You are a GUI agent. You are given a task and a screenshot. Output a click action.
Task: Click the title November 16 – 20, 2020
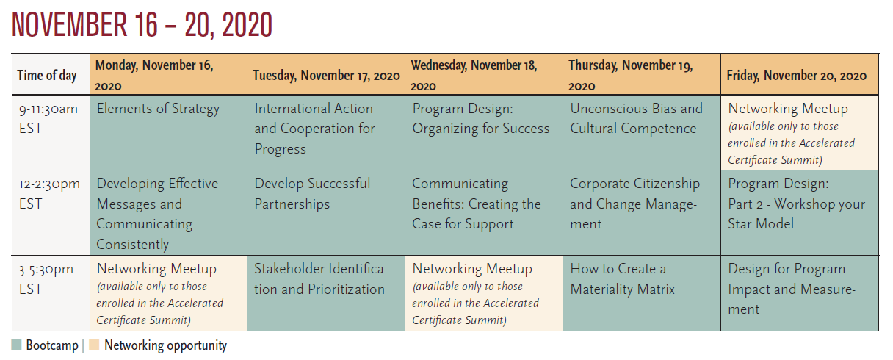[x=142, y=25]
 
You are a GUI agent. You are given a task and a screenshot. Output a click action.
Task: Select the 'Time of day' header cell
[x=51, y=74]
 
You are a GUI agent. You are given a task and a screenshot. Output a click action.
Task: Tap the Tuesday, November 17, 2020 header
[x=326, y=74]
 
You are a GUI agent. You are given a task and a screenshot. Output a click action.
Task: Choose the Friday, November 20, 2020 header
[x=800, y=74]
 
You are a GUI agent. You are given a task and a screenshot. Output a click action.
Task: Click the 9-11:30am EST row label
[x=51, y=133]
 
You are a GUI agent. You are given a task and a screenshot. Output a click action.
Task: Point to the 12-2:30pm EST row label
[x=51, y=213]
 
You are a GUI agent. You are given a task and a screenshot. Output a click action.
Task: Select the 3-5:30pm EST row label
[x=51, y=293]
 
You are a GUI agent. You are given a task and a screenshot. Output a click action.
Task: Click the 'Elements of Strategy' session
[x=169, y=133]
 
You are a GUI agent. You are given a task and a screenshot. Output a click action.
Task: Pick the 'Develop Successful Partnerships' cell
[x=326, y=213]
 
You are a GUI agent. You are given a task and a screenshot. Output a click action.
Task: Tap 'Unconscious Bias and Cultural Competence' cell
[x=642, y=133]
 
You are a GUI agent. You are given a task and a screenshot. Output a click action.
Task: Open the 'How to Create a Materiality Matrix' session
[x=642, y=293]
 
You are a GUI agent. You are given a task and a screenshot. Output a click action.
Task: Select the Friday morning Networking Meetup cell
[x=800, y=133]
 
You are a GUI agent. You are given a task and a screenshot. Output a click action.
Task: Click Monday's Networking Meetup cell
[x=169, y=293]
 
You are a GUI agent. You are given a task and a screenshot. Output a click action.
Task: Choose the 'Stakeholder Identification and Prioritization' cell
[x=326, y=293]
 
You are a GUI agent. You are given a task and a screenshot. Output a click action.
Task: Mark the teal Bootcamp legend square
[x=16, y=345]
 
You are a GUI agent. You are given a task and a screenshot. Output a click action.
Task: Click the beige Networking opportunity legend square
[x=94, y=345]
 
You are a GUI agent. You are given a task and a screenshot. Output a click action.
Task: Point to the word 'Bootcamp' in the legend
[x=52, y=345]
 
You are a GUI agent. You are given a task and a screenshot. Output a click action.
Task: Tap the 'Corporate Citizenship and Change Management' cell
[x=642, y=213]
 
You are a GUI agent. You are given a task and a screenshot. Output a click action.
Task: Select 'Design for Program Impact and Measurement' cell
[x=800, y=293]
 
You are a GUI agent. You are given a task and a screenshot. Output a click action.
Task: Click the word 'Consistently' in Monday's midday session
[x=133, y=244]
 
